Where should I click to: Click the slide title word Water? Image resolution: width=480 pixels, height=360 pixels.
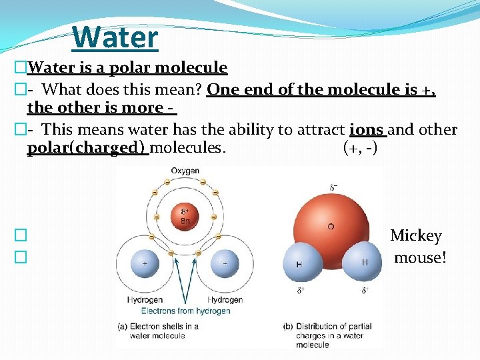pyautogui.click(x=115, y=37)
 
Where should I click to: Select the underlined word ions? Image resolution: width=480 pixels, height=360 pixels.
pyautogui.click(x=367, y=129)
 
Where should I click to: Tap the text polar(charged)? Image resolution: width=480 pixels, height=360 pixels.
pyautogui.click(x=87, y=147)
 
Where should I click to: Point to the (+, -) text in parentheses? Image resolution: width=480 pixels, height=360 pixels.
pyautogui.click(x=360, y=147)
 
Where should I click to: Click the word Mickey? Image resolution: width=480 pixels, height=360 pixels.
pyautogui.click(x=416, y=235)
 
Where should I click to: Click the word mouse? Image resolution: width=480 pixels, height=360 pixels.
pyautogui.click(x=420, y=257)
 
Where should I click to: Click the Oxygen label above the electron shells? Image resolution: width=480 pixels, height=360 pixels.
pyautogui.click(x=185, y=171)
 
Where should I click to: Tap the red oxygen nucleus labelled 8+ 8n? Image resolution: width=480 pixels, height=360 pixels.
pyautogui.click(x=185, y=217)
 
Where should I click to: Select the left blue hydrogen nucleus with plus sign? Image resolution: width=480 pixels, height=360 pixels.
pyautogui.click(x=145, y=263)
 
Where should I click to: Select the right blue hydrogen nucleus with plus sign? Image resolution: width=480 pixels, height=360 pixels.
pyautogui.click(x=225, y=263)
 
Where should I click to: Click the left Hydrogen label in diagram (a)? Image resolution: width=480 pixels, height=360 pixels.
pyautogui.click(x=145, y=300)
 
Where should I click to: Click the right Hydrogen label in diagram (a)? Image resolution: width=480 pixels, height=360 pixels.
pyautogui.click(x=225, y=300)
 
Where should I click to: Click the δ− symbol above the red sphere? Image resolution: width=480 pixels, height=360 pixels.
pyautogui.click(x=333, y=187)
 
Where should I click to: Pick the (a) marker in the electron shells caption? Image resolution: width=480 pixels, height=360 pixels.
pyautogui.click(x=123, y=327)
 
